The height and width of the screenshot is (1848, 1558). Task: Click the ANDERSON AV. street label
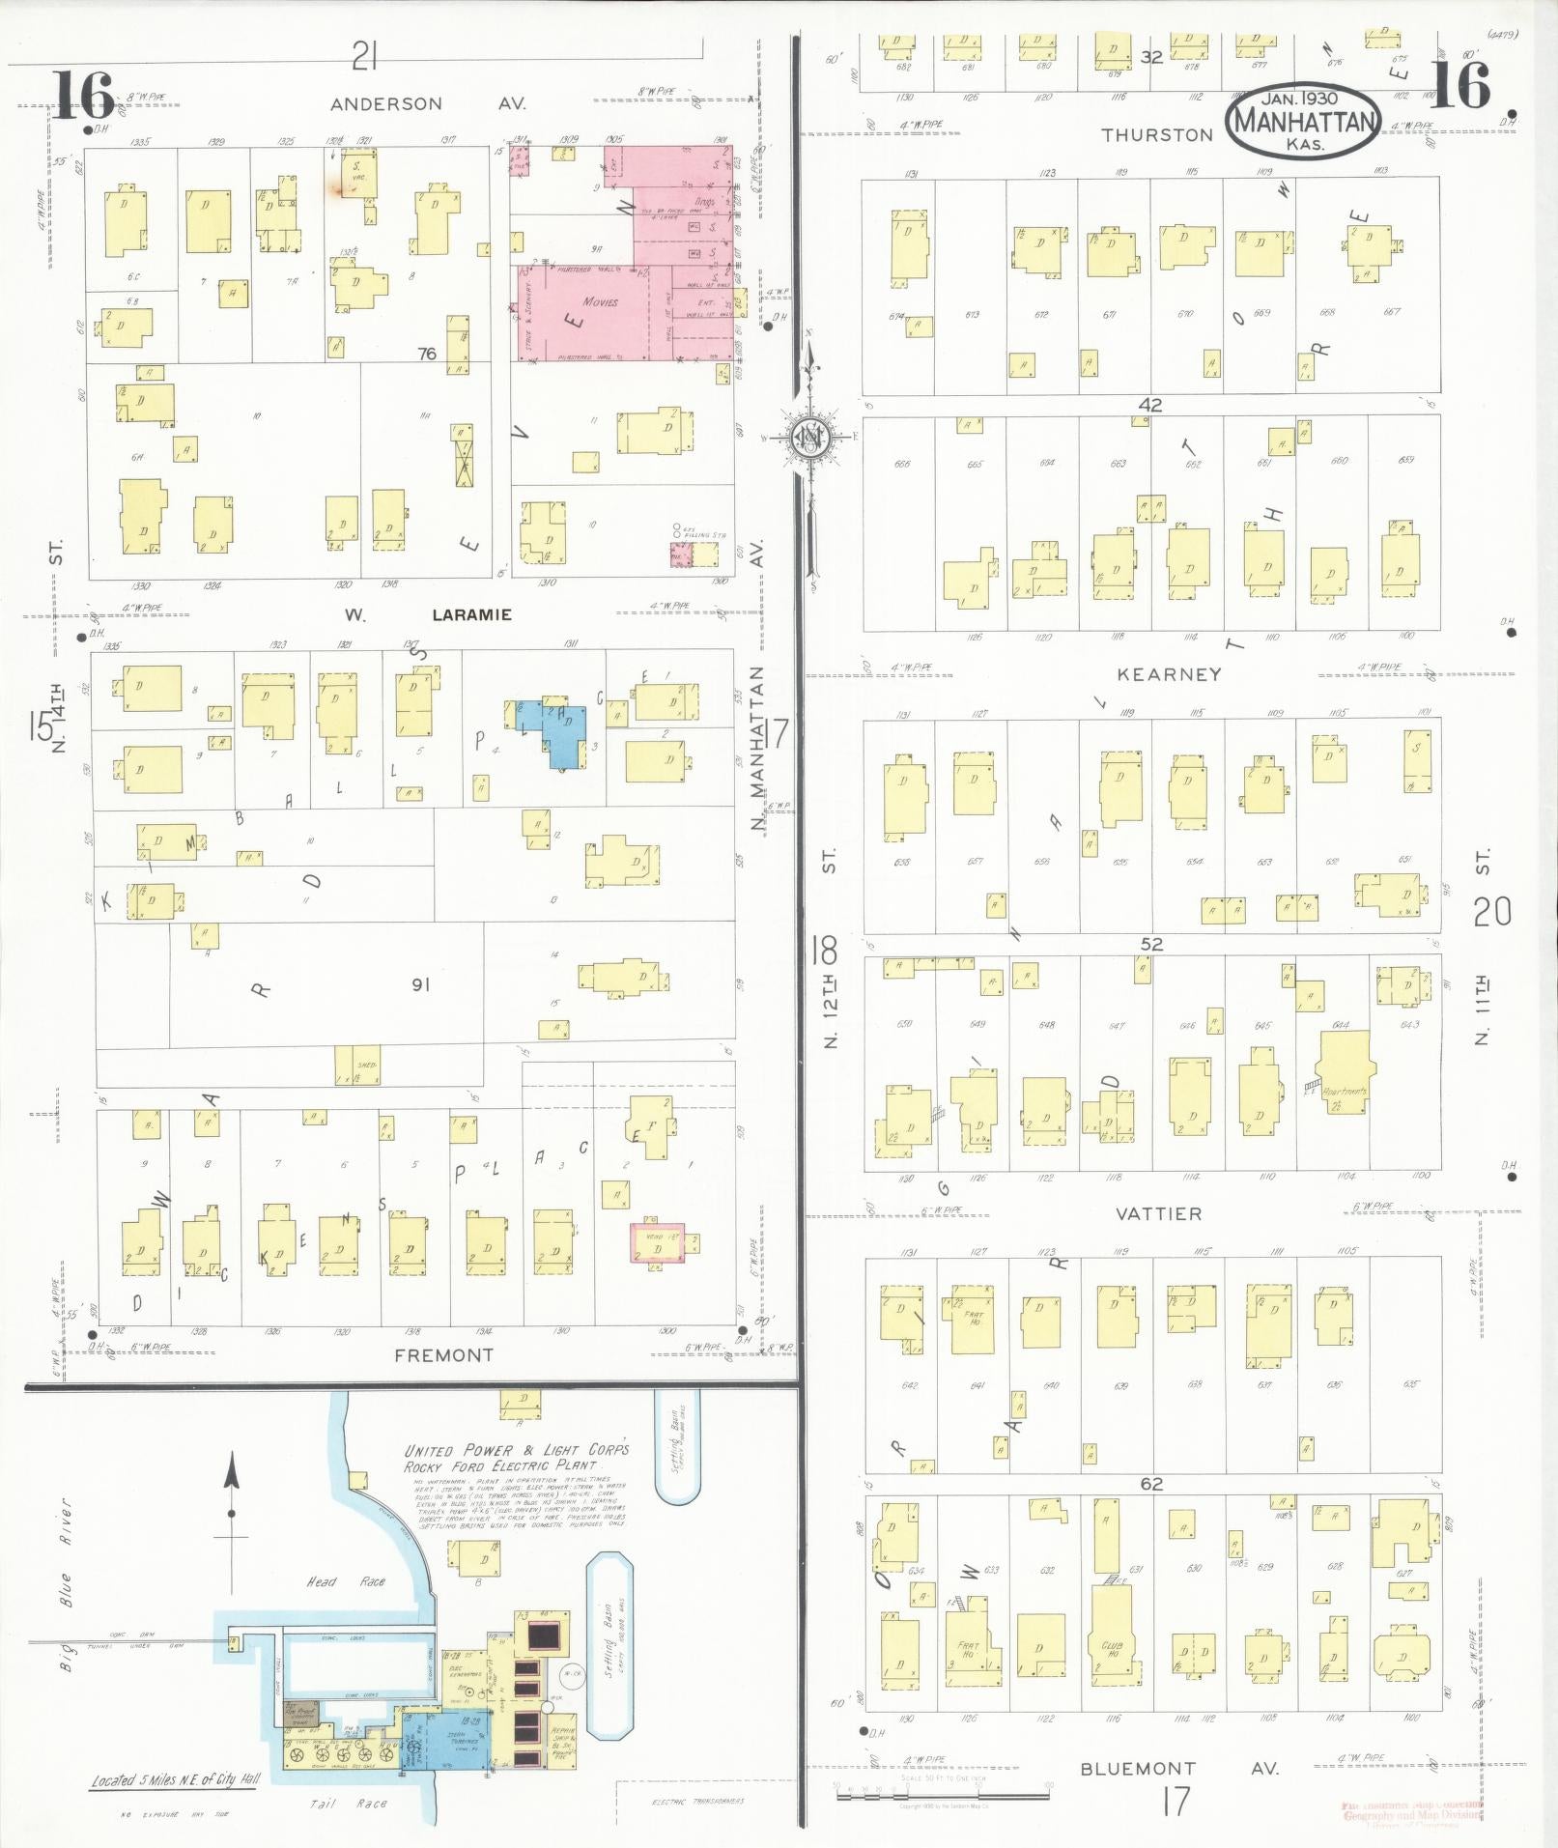coord(386,103)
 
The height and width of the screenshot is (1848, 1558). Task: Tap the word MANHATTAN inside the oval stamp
coord(1303,123)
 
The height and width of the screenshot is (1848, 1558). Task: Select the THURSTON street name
coord(1157,135)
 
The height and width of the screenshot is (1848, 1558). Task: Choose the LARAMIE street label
coord(471,614)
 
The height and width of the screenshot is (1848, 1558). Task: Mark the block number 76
coord(426,354)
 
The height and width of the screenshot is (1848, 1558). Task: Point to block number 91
coord(420,985)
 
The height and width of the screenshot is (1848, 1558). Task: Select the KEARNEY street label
coord(1169,674)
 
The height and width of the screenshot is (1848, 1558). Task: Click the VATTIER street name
coord(1158,1213)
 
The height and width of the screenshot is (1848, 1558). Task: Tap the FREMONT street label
coord(443,1355)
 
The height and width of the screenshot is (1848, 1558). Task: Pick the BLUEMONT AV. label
coord(1178,1769)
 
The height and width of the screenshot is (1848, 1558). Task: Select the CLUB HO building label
coord(1111,1649)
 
